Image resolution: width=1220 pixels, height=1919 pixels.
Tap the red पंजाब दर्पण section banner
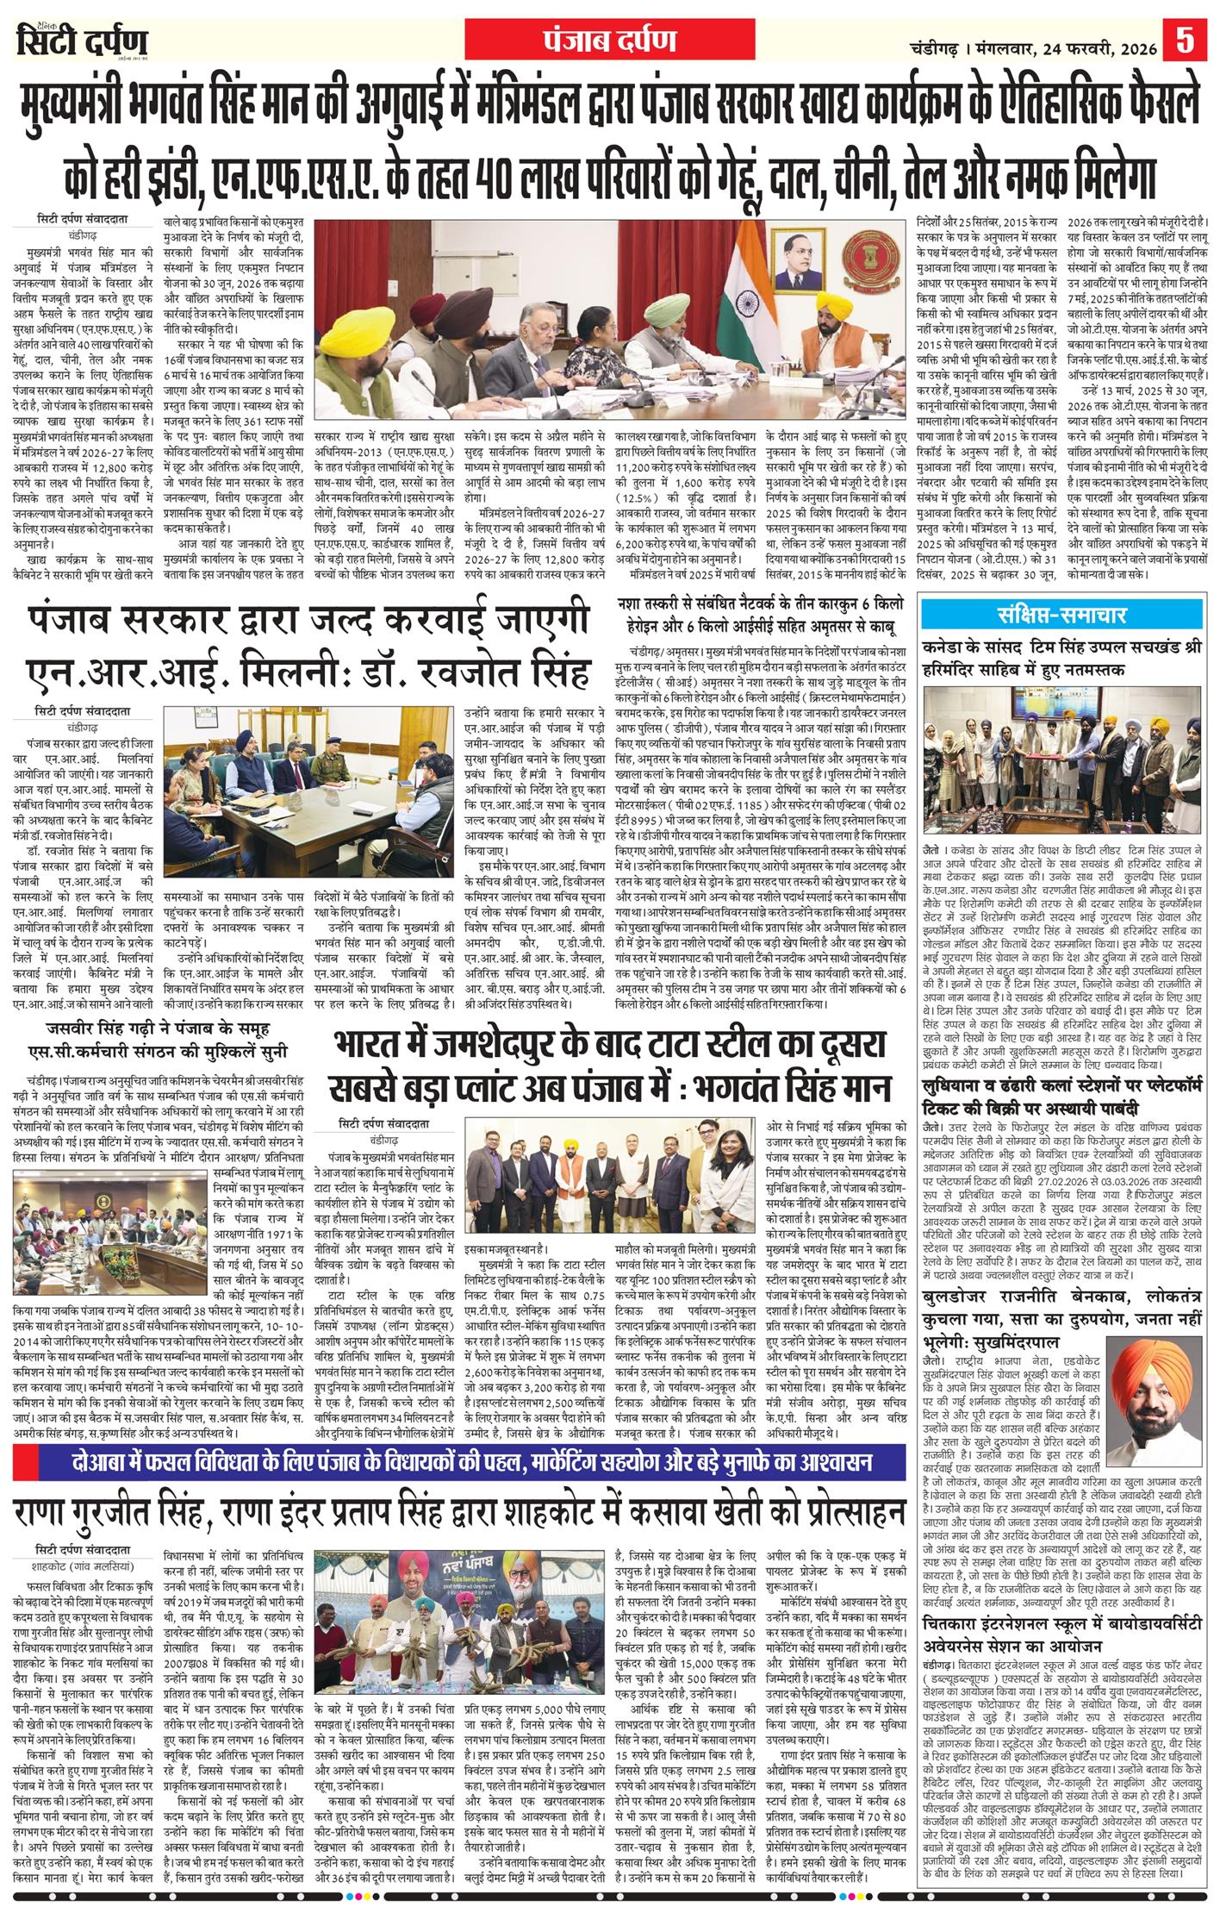pyautogui.click(x=609, y=40)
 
